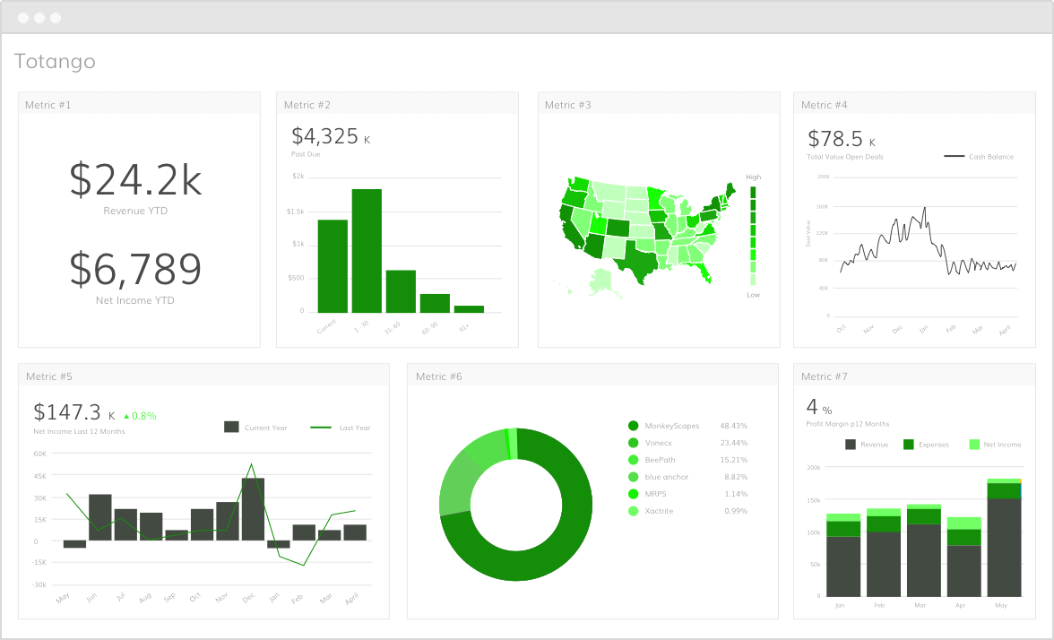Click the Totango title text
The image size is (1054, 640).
click(55, 62)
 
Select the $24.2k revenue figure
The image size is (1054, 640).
click(135, 180)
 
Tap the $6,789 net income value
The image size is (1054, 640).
click(135, 268)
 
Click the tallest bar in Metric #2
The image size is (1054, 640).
click(367, 250)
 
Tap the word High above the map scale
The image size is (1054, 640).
click(753, 177)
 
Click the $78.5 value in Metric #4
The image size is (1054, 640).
click(835, 139)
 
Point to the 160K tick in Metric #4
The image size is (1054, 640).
click(823, 206)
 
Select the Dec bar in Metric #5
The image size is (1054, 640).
click(253, 508)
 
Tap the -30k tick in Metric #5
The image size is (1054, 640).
click(40, 584)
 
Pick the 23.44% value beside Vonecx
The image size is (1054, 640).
click(733, 443)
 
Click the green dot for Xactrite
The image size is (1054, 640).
click(633, 511)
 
